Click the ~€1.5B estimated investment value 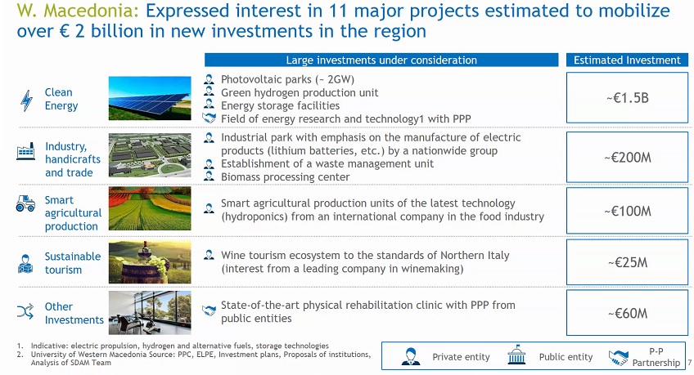point(627,97)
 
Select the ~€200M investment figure point(627,157)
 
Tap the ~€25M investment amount point(628,262)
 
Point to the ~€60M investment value point(628,313)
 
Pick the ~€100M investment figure point(627,211)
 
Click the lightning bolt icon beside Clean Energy point(26,100)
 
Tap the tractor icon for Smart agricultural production point(25,203)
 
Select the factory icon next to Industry point(25,151)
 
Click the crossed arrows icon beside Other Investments point(25,311)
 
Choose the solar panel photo point(150,98)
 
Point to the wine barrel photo point(150,262)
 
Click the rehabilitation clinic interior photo point(150,313)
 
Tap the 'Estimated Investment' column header point(627,60)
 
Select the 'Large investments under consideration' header point(381,60)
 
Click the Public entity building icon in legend point(516,355)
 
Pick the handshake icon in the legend point(618,357)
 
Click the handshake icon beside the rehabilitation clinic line point(209,310)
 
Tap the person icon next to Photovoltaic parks point(209,79)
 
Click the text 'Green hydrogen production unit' point(300,93)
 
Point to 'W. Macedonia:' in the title point(78,11)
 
